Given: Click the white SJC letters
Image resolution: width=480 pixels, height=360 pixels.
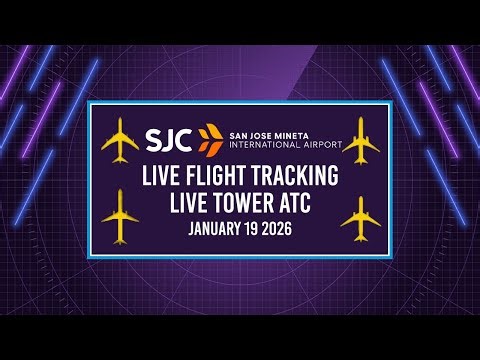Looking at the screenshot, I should tap(169, 136).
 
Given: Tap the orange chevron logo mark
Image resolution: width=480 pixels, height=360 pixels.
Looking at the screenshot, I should tap(208, 137).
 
